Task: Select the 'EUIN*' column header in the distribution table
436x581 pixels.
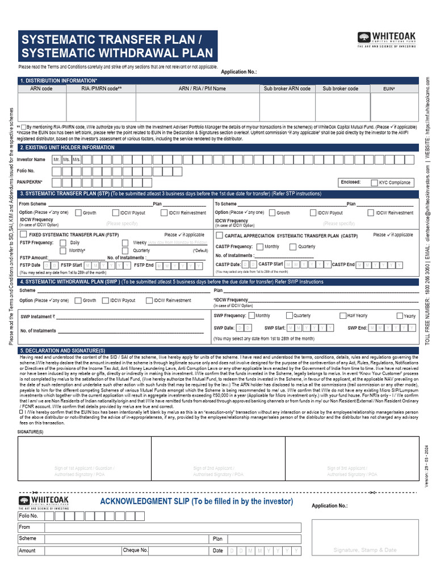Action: pos(389,89)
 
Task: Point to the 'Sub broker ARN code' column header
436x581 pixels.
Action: pos(287,89)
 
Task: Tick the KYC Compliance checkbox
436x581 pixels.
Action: pos(374,183)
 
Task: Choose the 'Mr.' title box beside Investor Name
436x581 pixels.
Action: pos(56,160)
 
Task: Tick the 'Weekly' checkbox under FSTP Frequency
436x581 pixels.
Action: pos(125,243)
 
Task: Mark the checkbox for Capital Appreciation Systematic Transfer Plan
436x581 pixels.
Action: pos(219,235)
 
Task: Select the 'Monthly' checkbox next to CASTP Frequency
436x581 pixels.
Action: pos(259,247)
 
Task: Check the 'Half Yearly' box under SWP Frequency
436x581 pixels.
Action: pos(343,316)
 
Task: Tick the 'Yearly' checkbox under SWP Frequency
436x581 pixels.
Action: pos(400,316)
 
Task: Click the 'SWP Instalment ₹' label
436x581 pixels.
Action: pos(38,317)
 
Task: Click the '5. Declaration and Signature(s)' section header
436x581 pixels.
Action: pos(62,351)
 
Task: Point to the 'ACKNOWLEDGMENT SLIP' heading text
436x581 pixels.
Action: pos(196,502)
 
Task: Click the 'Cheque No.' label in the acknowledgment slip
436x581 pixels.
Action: pos(136,550)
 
